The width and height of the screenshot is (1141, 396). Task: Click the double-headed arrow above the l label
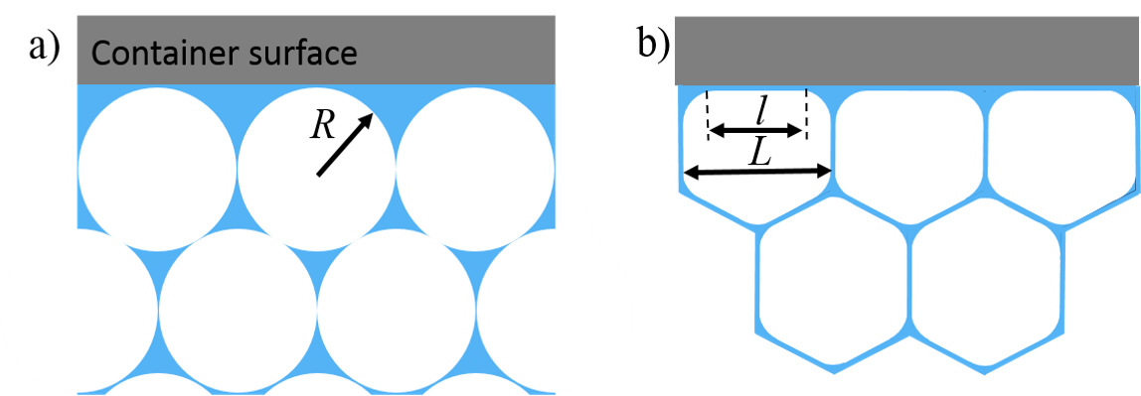click(x=755, y=130)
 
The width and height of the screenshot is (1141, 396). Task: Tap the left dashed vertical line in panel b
click(x=708, y=114)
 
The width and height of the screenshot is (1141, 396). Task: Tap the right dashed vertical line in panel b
click(x=806, y=114)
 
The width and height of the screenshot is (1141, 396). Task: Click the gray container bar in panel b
click(x=904, y=50)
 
